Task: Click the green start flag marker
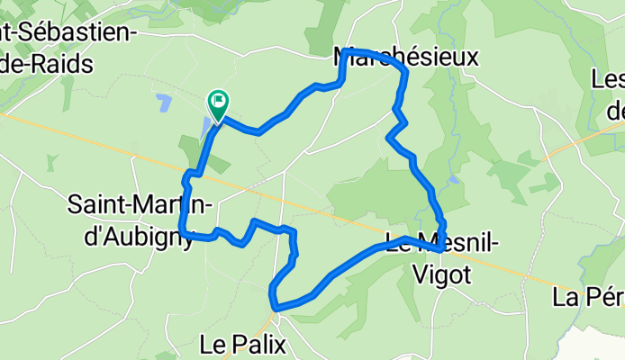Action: point(219,101)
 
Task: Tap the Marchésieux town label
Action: point(405,58)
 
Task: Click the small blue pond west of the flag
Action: point(163,102)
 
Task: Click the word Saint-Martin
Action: point(140,205)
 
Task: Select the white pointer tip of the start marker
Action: point(219,115)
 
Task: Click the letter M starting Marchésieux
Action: point(343,58)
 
